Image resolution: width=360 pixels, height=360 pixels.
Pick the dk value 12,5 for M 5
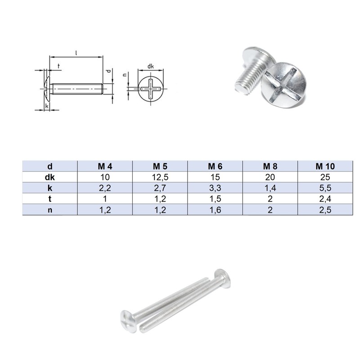(x=160, y=177)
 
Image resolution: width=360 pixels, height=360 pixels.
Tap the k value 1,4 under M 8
(x=270, y=188)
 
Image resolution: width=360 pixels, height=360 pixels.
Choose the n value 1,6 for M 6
(x=215, y=209)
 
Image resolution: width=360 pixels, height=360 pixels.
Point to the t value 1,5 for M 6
(x=215, y=198)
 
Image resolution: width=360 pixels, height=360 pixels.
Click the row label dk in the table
(x=50, y=177)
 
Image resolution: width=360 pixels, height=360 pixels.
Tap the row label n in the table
(x=50, y=209)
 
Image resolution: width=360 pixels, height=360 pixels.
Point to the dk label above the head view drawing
(x=151, y=67)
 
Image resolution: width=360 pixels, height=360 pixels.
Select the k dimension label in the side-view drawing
(x=47, y=106)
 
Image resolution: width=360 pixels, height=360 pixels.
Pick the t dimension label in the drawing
(x=59, y=67)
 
